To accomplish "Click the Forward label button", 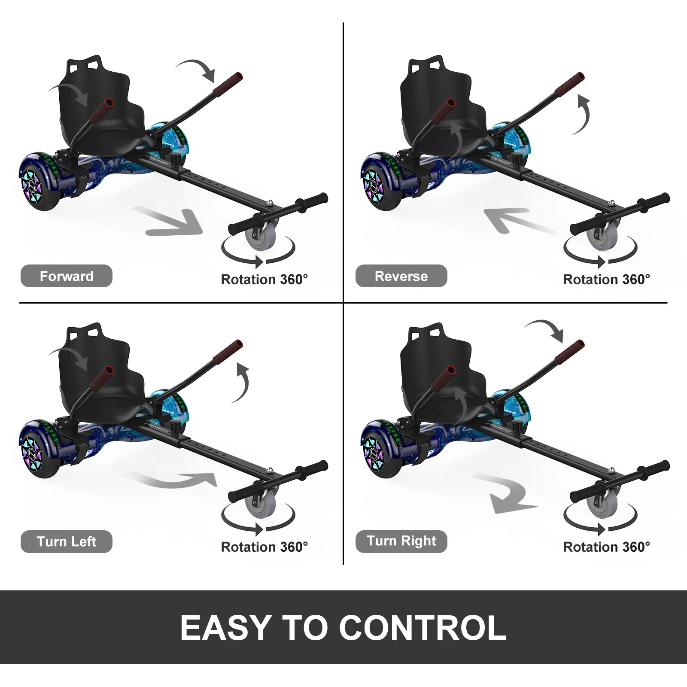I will tap(67, 276).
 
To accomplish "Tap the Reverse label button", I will tap(401, 276).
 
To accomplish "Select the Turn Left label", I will tap(67, 541).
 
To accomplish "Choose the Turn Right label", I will tap(401, 541).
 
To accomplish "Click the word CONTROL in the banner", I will tap(423, 628).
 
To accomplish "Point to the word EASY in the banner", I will tap(226, 628).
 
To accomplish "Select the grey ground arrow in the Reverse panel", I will tap(515, 219).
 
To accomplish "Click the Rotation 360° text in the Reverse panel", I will tap(606, 280).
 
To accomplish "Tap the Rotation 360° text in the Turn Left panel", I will tap(264, 547).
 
